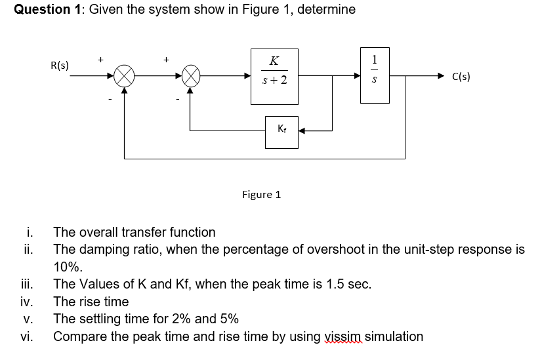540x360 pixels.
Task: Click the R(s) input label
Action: pos(60,66)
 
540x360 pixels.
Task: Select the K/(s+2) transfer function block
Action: pos(274,76)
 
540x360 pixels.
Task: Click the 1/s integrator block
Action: pos(375,75)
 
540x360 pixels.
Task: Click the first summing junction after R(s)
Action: pos(124,76)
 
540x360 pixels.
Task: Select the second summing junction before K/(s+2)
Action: pos(190,76)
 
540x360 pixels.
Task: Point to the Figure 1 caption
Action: pos(261,195)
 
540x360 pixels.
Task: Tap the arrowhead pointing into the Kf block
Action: pos(302,130)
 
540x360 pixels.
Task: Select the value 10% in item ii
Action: pos(68,267)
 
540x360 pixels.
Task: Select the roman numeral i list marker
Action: pos(30,232)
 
